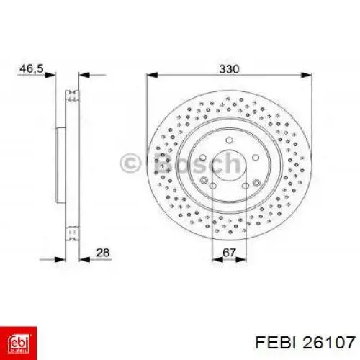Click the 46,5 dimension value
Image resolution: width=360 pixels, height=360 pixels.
coord(32,69)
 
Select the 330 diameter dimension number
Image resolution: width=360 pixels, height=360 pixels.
coord(229,69)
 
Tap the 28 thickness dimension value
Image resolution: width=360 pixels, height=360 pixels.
coord(103,253)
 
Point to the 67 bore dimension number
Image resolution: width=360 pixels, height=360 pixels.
coord(229,253)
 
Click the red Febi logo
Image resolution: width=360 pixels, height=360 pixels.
coord(19,343)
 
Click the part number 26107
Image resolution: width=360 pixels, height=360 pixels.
coord(328,343)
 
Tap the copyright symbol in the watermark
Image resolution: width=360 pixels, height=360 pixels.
coord(130,163)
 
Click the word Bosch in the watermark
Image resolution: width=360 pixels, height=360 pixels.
coord(197,163)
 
